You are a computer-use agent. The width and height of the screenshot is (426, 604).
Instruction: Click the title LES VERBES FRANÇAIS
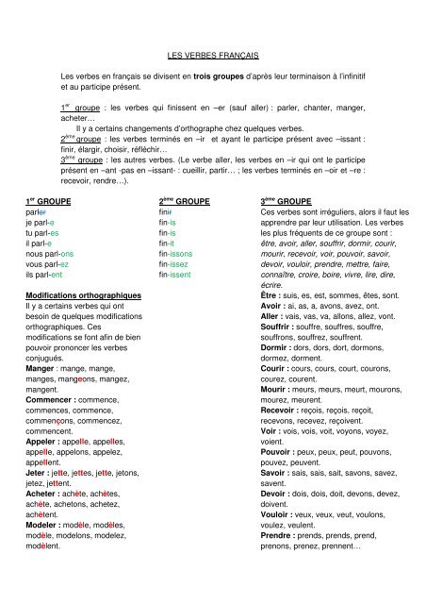coord(212,58)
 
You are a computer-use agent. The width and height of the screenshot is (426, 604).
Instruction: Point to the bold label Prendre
coord(279,549)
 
